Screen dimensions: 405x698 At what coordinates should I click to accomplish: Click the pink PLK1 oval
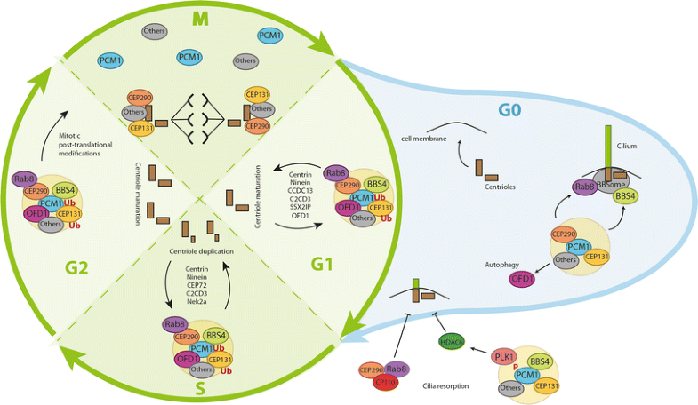505,356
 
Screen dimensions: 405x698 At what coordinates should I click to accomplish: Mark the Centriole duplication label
201,251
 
